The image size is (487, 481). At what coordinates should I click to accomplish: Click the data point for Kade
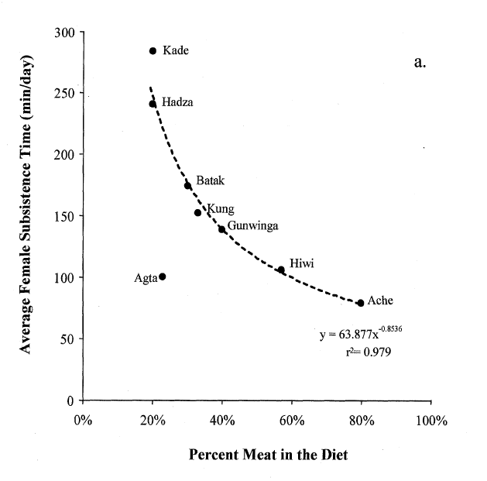pos(153,51)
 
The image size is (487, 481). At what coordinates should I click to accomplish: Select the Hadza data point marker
pos(153,104)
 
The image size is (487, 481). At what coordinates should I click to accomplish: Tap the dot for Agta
pos(162,277)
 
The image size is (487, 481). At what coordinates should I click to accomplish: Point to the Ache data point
pos(360,303)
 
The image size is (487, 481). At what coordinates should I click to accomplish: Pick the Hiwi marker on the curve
pos(281,270)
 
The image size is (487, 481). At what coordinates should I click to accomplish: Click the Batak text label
pos(210,180)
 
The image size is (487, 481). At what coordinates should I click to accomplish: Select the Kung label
pos(220,209)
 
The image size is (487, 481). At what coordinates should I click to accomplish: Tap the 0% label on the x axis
pos(83,422)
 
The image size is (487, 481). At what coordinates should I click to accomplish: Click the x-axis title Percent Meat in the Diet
pos(268,455)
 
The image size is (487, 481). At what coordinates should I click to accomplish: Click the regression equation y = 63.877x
pos(360,334)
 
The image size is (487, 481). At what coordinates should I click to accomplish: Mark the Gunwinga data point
pos(221,229)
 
